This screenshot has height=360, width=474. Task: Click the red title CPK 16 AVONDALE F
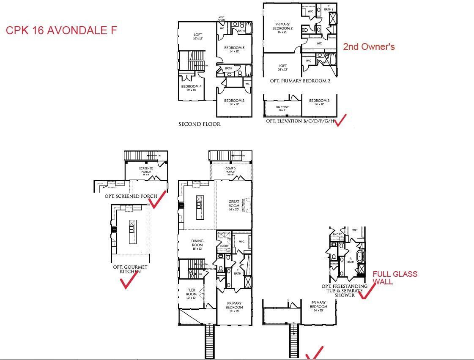click(61, 30)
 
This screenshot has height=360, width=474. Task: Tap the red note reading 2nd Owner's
click(369, 46)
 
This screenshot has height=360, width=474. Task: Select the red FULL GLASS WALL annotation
click(395, 278)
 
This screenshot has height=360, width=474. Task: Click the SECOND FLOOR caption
click(200, 124)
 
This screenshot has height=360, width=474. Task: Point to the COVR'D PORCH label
click(230, 169)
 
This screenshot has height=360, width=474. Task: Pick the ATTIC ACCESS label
click(222, 19)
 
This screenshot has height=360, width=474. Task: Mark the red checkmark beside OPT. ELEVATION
click(340, 120)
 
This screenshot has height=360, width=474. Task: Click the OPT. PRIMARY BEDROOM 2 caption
click(300, 81)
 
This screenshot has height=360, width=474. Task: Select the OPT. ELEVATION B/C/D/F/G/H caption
click(300, 121)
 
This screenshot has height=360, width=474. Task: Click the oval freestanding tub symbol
click(360, 256)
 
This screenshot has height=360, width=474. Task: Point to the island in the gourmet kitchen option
click(132, 229)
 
